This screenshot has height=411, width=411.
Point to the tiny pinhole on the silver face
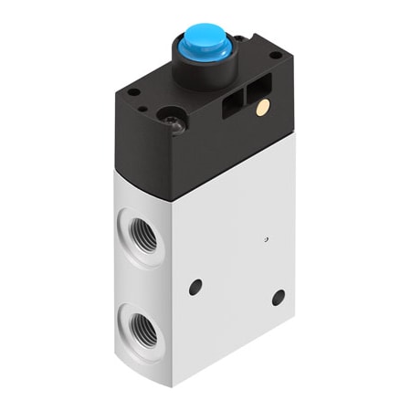[264, 239]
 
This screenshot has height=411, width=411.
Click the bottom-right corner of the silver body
[299, 344]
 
